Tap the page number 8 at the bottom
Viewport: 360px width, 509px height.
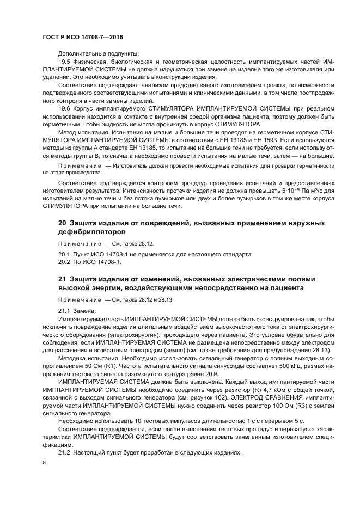(x=45, y=462)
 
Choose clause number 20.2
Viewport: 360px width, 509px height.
(x=64, y=262)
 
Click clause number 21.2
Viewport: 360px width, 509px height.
(x=64, y=453)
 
